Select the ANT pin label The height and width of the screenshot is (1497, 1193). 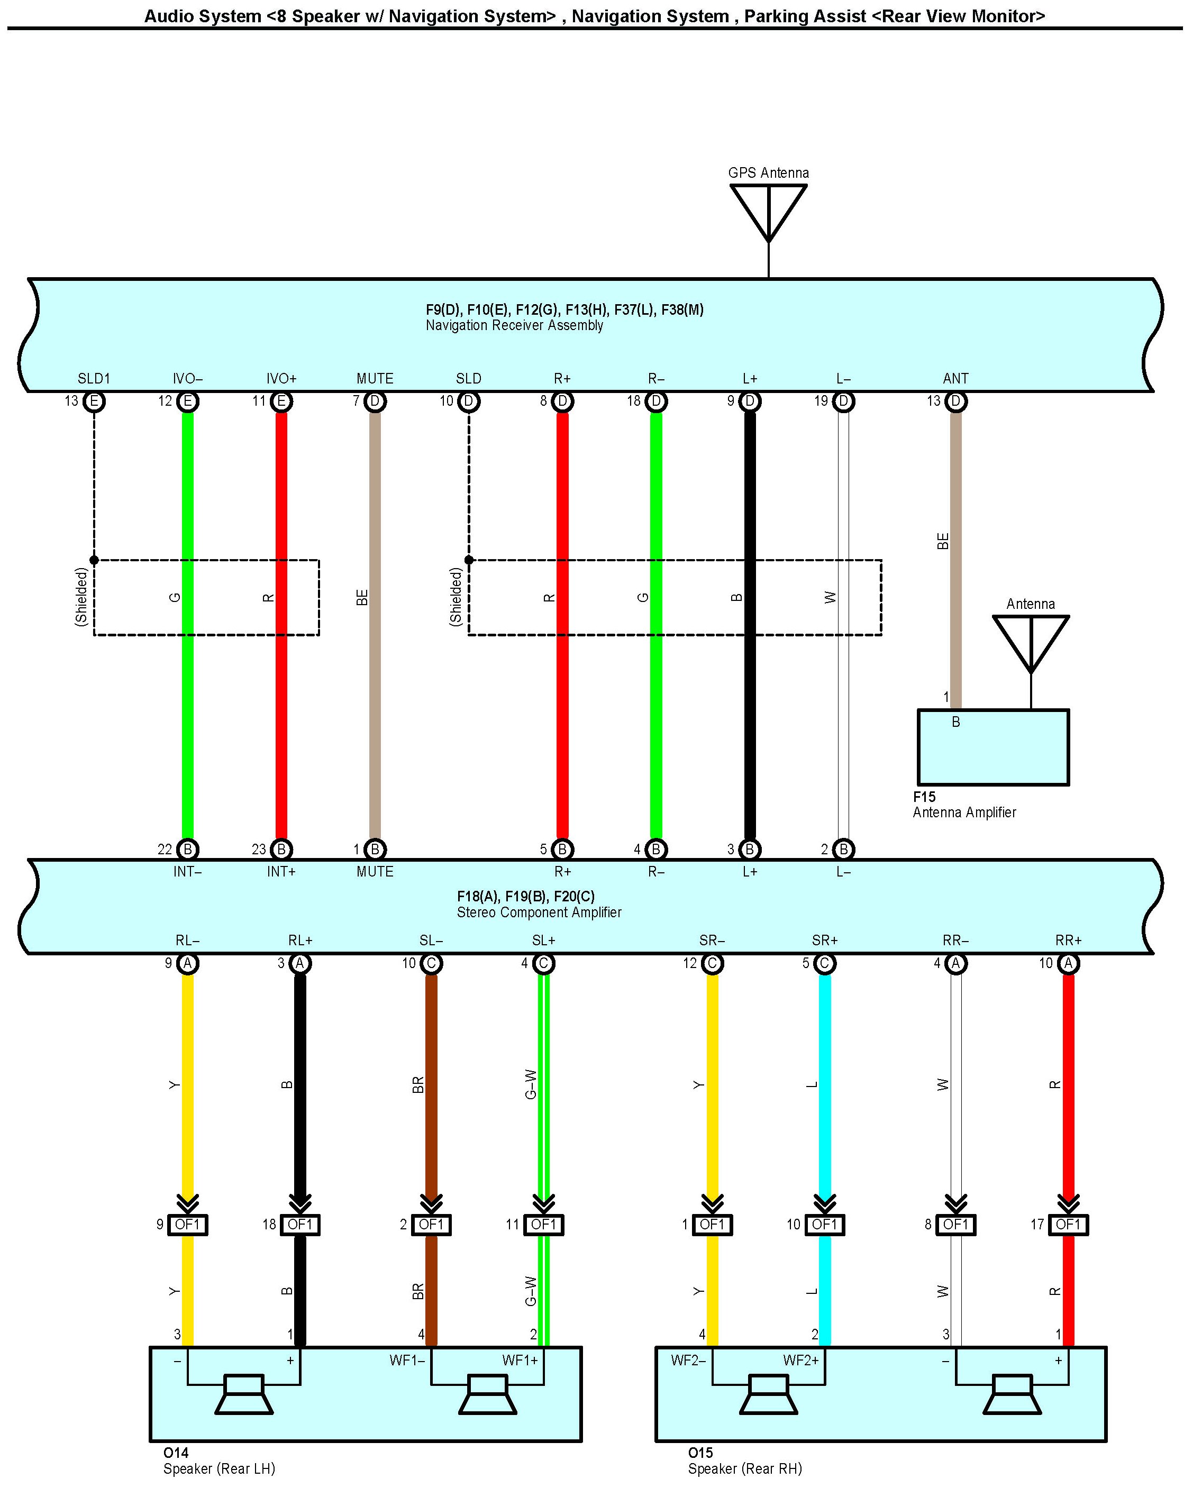955,378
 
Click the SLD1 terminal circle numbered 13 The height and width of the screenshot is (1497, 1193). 94,401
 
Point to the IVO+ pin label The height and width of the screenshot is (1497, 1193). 281,378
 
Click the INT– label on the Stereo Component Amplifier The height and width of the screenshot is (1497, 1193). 187,871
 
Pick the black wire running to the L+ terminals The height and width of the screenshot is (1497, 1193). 750,625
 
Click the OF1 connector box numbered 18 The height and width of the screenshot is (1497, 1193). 300,1225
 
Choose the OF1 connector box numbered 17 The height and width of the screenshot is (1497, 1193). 1068,1225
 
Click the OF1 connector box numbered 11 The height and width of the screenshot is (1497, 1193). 544,1225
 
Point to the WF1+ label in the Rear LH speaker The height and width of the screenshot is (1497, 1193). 520,1360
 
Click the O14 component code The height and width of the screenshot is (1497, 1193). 176,1453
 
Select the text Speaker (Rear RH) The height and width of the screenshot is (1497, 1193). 744,1468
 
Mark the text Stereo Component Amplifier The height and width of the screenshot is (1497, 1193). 539,912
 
